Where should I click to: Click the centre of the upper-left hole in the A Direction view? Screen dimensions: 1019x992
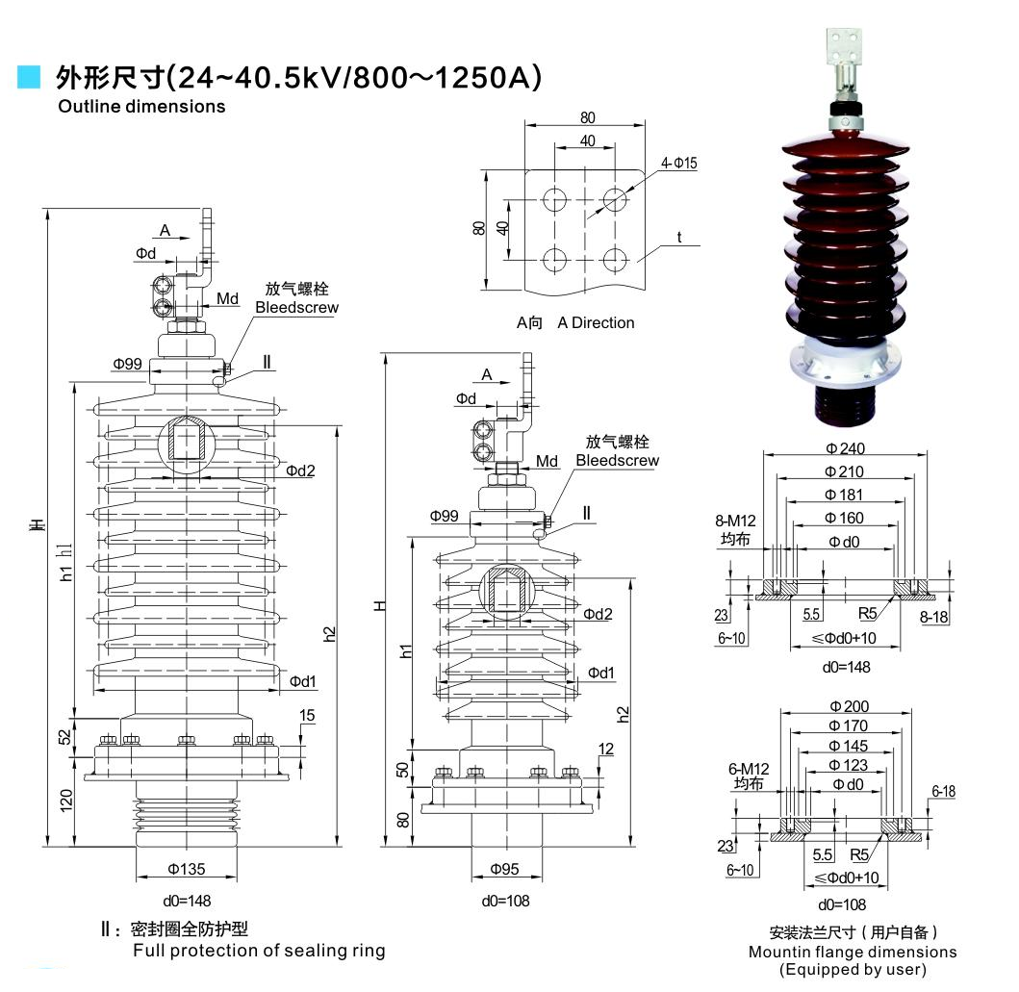[554, 200]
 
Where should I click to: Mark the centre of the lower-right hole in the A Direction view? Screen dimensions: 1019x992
[615, 259]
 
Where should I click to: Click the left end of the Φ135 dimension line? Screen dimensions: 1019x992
[136, 877]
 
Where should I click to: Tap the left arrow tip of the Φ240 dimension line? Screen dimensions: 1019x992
[764, 455]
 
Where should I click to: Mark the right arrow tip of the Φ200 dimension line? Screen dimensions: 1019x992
[911, 713]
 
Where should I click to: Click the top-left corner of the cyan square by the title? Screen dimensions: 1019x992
[17, 65]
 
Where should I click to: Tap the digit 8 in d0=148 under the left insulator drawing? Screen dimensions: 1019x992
[206, 901]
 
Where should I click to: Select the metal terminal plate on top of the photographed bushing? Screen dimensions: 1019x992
[844, 49]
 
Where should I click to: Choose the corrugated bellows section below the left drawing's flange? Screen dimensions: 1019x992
[187, 815]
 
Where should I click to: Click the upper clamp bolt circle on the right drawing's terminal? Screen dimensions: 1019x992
[483, 430]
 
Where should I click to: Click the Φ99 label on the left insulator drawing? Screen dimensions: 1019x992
[127, 364]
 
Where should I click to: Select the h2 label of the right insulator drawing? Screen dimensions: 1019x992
[623, 715]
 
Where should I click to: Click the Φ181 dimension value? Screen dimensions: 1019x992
[844, 495]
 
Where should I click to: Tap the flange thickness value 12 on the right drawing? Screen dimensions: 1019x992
[605, 749]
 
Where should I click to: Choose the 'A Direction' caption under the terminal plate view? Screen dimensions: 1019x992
[596, 323]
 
